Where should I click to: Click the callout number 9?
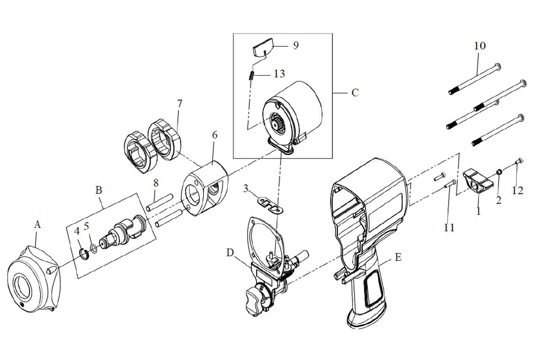(x=295, y=45)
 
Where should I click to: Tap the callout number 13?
(x=279, y=74)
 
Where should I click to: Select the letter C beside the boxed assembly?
(x=355, y=92)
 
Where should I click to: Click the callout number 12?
(x=518, y=191)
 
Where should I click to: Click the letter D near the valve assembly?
(x=230, y=253)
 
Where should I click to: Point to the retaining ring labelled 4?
(x=84, y=254)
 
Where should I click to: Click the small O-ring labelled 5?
(x=94, y=248)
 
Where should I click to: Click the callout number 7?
(x=180, y=103)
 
